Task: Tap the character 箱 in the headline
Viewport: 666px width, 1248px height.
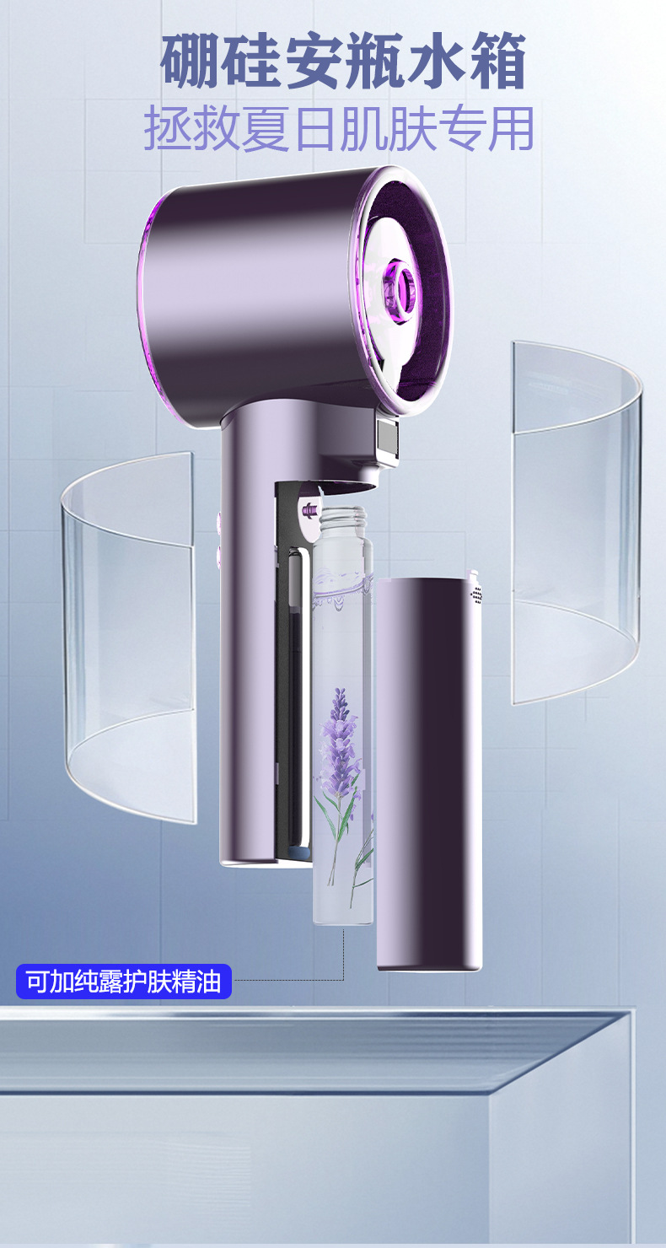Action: (x=498, y=61)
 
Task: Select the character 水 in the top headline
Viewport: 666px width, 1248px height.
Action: (x=437, y=61)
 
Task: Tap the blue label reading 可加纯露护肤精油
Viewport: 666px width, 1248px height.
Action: (x=124, y=981)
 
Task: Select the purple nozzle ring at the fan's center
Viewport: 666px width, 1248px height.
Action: (x=399, y=284)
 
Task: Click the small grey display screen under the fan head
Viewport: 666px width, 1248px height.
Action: (x=388, y=436)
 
